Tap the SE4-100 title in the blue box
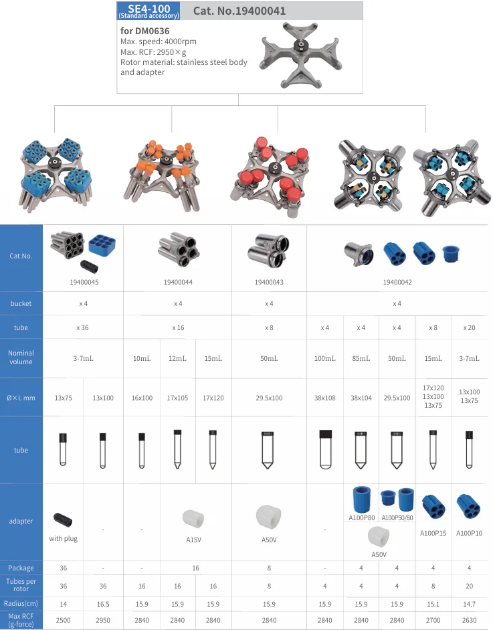[x=149, y=9]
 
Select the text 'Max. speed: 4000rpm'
[x=158, y=42]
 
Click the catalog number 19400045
[x=84, y=282]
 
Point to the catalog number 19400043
[x=269, y=282]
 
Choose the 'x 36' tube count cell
[x=83, y=327]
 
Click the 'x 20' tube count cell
[x=470, y=327]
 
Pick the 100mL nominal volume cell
[x=325, y=358]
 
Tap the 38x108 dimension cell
[x=325, y=398]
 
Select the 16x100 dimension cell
[x=142, y=398]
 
